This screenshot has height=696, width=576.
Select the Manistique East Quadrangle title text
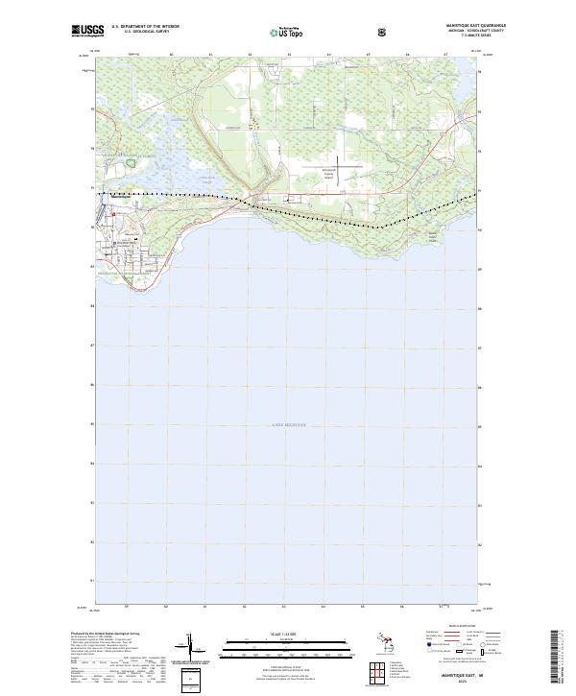469,26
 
